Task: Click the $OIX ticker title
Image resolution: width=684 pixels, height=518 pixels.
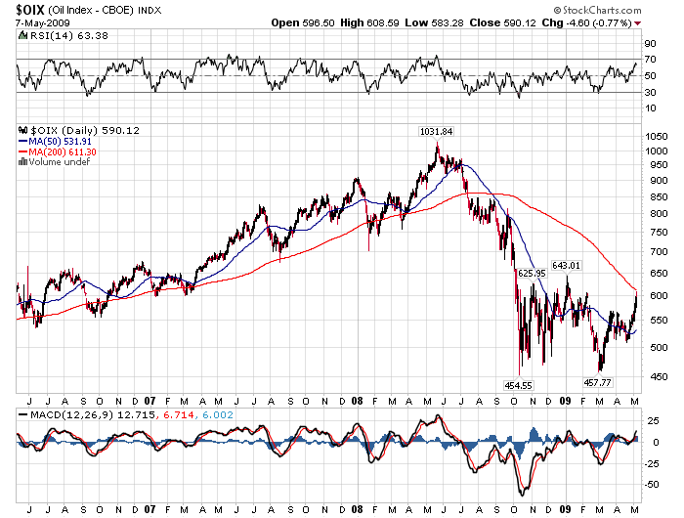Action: pyautogui.click(x=28, y=9)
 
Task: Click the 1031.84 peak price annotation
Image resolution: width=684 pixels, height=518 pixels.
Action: pyautogui.click(x=435, y=132)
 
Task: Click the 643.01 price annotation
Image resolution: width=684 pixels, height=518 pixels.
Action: pyautogui.click(x=567, y=265)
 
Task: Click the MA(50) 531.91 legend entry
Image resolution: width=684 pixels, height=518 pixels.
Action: pyautogui.click(x=60, y=142)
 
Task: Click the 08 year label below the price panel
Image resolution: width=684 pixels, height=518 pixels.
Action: pyautogui.click(x=358, y=400)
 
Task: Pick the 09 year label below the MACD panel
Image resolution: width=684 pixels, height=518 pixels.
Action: pyautogui.click(x=568, y=508)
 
